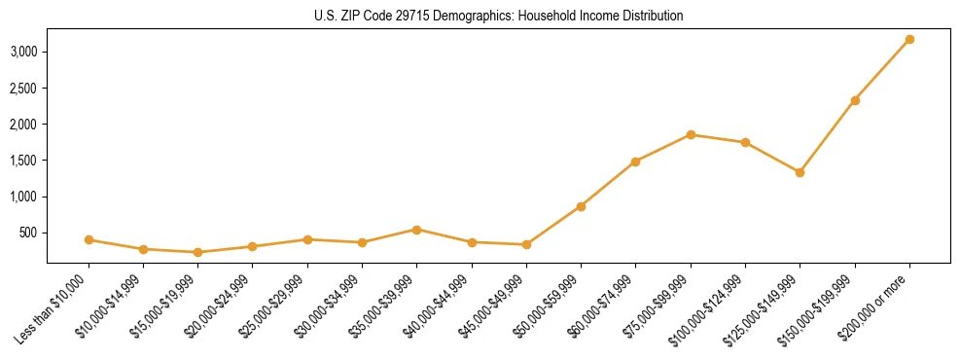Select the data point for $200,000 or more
pos(909,39)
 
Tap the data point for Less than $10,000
pos(89,239)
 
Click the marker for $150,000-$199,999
pos(855,100)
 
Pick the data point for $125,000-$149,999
pos(800,172)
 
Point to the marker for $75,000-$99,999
pos(691,134)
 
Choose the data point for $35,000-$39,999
pos(416,230)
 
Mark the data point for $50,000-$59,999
pos(581,206)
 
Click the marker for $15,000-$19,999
pos(197,252)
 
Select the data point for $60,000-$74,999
pos(635,162)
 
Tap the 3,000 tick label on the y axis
pos(23,52)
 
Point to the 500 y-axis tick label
pos(28,233)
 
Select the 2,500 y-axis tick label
pos(23,89)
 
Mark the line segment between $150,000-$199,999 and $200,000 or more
pos(882,70)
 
